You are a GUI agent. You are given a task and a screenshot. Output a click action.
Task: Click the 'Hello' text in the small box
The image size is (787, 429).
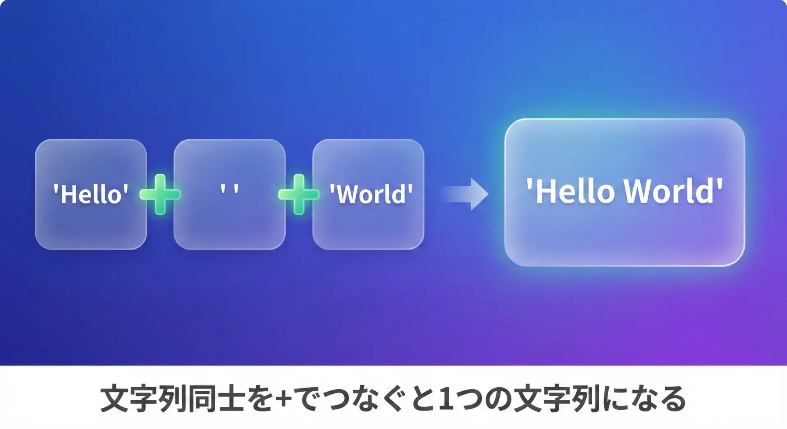[91, 194]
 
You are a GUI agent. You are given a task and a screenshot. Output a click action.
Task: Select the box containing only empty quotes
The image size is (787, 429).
[230, 194]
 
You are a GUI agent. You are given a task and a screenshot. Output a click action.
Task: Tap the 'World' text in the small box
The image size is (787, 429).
[371, 194]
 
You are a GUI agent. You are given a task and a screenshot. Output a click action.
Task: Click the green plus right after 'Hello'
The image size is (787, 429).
[160, 194]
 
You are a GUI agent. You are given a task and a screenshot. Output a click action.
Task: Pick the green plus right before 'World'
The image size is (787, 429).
[299, 194]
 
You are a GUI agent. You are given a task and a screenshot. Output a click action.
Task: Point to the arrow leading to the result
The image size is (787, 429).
[464, 194]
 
